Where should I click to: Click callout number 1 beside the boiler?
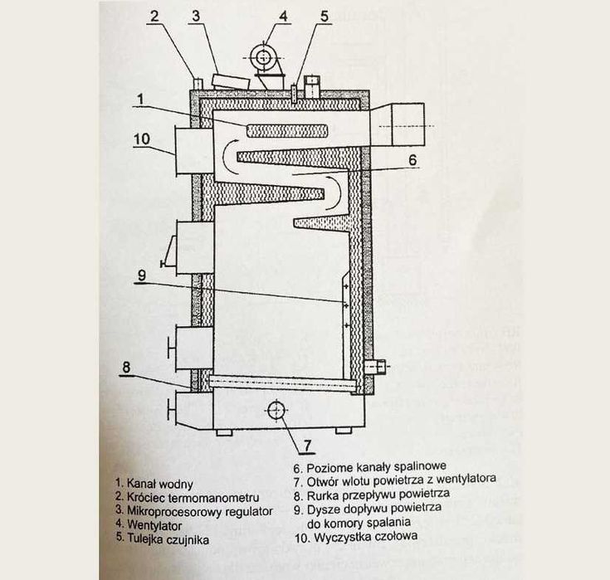coord(140,98)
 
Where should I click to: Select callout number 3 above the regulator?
coord(196,15)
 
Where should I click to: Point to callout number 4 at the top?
coord(283,15)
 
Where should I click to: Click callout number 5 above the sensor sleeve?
coord(324,15)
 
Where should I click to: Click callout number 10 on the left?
coord(142,139)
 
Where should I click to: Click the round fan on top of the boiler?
coord(264,57)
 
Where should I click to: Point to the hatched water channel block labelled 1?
coord(283,129)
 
